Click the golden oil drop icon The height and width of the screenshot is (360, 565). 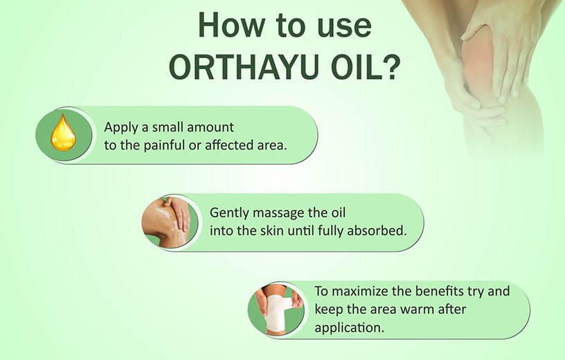pyautogui.click(x=63, y=133)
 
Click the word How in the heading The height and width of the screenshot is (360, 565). pyautogui.click(x=231, y=25)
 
